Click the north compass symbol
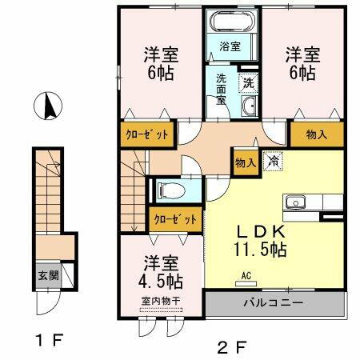pos(50,106)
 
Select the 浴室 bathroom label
pos(230,46)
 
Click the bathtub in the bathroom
pos(230,23)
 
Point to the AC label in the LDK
pos(246,278)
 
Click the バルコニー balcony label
pos(274,303)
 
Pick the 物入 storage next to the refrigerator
pos(245,162)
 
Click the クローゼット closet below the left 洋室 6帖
pos(146,134)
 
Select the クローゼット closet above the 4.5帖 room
pos(174,218)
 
